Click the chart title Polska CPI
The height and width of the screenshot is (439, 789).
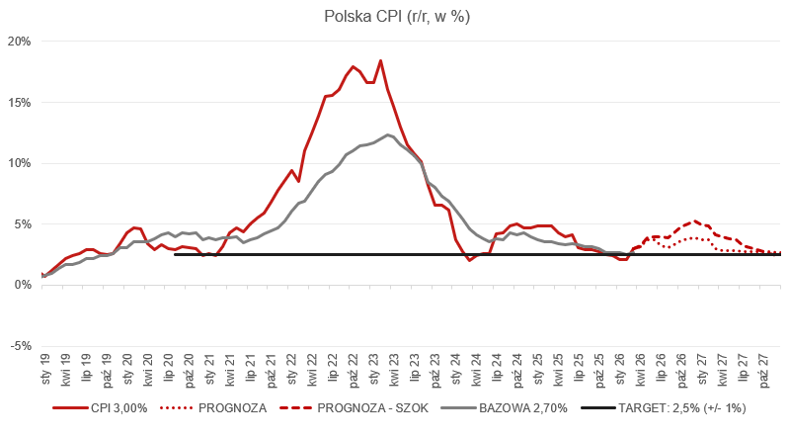[x=397, y=16]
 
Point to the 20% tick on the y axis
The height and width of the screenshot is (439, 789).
[x=19, y=42]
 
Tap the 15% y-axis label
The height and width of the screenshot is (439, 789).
[x=19, y=102]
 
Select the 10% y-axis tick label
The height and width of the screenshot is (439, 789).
[x=19, y=163]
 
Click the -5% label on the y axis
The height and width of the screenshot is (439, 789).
[x=19, y=346]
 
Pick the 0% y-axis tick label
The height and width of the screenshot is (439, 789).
[x=22, y=286]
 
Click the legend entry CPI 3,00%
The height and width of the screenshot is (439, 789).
[x=100, y=408]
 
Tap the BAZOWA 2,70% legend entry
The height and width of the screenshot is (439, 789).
[x=504, y=408]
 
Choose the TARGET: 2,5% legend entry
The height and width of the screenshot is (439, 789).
[x=664, y=408]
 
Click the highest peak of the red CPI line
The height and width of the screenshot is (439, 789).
[x=380, y=61]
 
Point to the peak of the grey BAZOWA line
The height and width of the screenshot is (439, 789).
[x=387, y=134]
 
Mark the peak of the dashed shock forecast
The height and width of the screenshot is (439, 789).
[x=695, y=220]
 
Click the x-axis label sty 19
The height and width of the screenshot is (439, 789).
[x=45, y=370]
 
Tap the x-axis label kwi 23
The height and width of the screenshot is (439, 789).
[x=394, y=370]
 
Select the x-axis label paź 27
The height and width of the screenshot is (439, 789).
[x=764, y=371]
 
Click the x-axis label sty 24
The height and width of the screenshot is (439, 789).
[x=456, y=370]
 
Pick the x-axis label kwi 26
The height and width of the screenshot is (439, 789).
[x=641, y=370]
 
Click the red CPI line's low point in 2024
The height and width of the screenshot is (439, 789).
[x=469, y=260]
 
